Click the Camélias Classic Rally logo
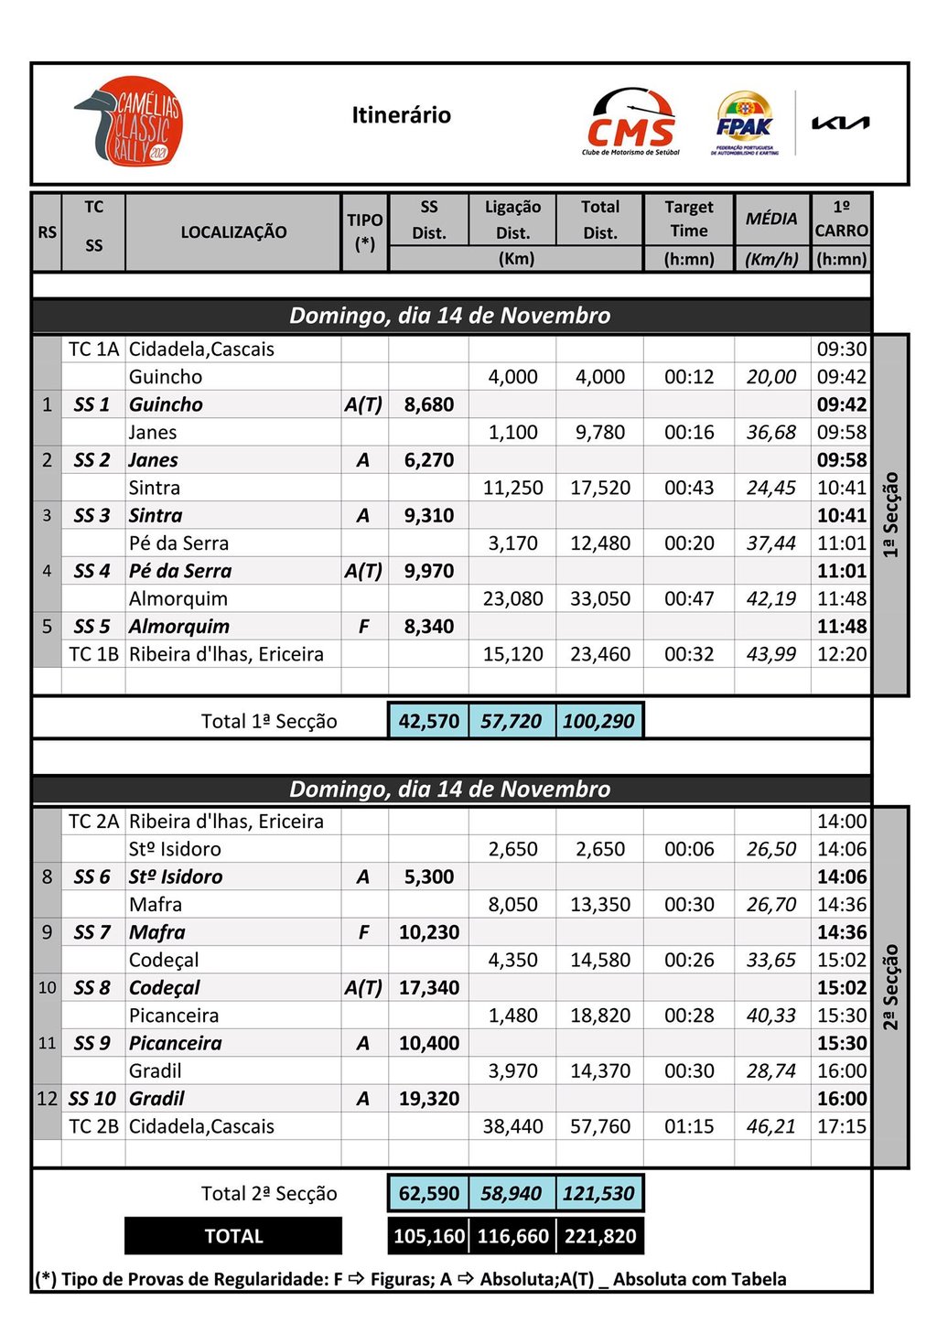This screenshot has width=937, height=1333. (129, 122)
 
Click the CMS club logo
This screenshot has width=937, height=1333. (630, 123)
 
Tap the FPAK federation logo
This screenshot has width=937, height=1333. (744, 123)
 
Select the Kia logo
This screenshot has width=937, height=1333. (840, 123)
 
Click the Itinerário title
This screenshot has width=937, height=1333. (401, 115)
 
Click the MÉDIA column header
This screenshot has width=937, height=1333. (771, 219)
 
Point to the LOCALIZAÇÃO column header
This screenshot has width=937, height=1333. (233, 232)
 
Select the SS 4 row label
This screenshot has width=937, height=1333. (92, 571)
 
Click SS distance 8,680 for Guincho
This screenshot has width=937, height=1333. (429, 404)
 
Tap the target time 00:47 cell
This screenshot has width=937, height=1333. (689, 599)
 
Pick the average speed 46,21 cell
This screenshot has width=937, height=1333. (771, 1126)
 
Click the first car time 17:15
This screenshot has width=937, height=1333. (841, 1126)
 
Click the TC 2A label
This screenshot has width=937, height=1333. (93, 822)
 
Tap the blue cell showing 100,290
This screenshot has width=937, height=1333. (598, 721)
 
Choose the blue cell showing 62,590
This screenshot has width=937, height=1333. (429, 1193)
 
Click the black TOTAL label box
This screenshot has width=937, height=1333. (233, 1236)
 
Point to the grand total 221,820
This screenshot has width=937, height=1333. (600, 1236)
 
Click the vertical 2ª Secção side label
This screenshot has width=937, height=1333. (890, 986)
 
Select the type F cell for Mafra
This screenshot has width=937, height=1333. (363, 932)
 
